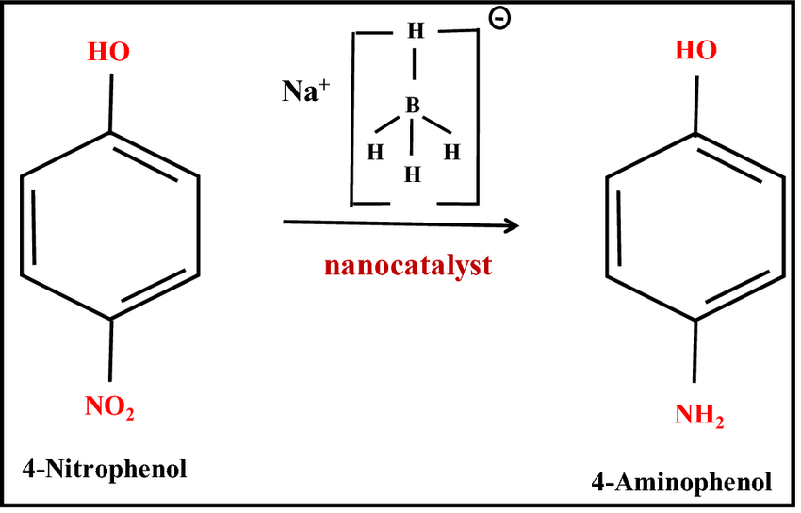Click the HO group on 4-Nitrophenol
pyautogui.click(x=110, y=54)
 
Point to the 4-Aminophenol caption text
pyautogui.click(x=681, y=482)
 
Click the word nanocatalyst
pyautogui.click(x=408, y=265)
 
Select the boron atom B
pyautogui.click(x=413, y=108)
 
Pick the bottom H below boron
pyautogui.click(x=412, y=174)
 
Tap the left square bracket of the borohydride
pyautogui.click(x=353, y=118)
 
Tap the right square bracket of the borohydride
pyautogui.click(x=476, y=118)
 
